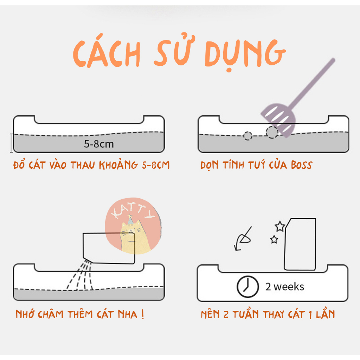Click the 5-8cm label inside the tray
pyautogui.click(x=99, y=144)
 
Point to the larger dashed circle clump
pyautogui.click(x=272, y=132)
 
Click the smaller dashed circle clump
pyautogui.click(x=247, y=136)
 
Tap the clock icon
pyautogui.click(x=247, y=287)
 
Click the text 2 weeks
pyautogui.click(x=285, y=287)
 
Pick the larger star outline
pyautogui.click(x=280, y=226)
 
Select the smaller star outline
pyautogui.click(x=274, y=239)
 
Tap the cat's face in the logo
pyautogui.click(x=130, y=232)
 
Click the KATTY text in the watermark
pyautogui.click(x=133, y=211)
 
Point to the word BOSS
pyautogui.click(x=301, y=165)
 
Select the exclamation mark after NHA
pyautogui.click(x=143, y=314)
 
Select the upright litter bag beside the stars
pyautogui.click(x=300, y=244)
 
